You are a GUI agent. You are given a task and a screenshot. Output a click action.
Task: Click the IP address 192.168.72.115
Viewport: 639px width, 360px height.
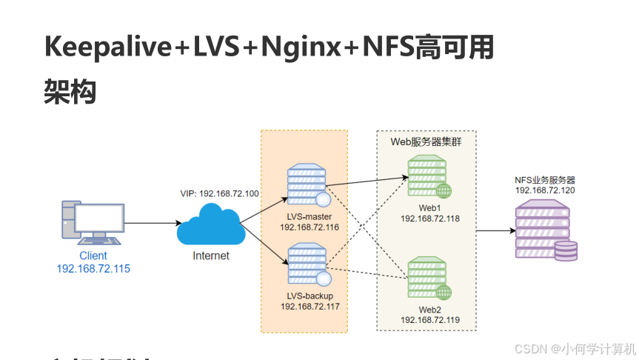click(x=93, y=268)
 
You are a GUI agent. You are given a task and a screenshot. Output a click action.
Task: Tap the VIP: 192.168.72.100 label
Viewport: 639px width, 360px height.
click(x=219, y=193)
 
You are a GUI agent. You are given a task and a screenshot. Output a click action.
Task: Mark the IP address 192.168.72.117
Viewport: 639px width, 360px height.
click(x=310, y=305)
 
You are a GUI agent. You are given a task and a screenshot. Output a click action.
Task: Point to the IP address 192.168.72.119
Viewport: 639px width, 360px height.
click(x=430, y=319)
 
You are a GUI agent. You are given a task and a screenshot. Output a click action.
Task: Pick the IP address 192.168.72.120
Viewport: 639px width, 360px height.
click(x=546, y=190)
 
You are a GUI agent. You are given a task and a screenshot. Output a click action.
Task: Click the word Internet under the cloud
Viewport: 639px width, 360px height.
click(x=211, y=256)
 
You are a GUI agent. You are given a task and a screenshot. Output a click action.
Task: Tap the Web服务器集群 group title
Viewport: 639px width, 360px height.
click(x=426, y=141)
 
